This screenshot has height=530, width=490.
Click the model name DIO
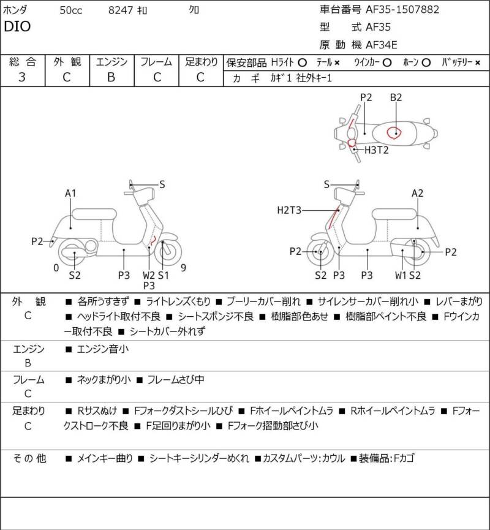coord(17,26)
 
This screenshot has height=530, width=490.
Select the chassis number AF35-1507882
coord(402,9)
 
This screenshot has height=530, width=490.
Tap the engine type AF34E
coord(382,45)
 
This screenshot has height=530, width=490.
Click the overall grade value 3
coord(22,77)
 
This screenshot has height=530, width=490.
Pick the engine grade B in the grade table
coord(111,77)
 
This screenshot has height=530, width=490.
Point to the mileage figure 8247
coord(120,10)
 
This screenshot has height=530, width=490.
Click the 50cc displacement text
coord(71,10)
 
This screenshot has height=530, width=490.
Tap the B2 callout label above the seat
coord(396,97)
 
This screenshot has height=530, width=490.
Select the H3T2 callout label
coord(376,150)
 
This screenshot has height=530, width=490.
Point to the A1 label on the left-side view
coord(70,194)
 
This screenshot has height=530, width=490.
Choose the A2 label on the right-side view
coord(417,194)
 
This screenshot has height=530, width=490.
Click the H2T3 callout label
coord(289,210)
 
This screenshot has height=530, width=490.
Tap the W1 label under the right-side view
coord(401,276)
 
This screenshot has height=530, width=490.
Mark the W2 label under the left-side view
coord(149,276)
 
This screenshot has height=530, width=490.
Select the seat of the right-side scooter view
coord(394,214)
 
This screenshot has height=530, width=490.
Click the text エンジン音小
coord(103,349)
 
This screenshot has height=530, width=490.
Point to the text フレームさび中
coord(176,380)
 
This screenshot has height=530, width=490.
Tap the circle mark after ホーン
coord(426,62)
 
